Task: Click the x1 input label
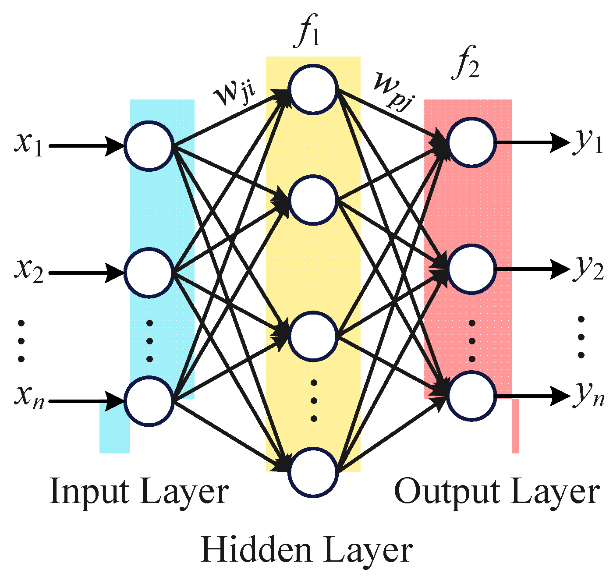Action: pyautogui.click(x=28, y=145)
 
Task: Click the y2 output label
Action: pyautogui.click(x=588, y=269)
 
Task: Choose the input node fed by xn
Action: pyautogui.click(x=149, y=401)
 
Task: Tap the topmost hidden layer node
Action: pyautogui.click(x=313, y=89)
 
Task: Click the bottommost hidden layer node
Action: pyautogui.click(x=313, y=472)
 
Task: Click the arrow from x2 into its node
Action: pyautogui.click(x=86, y=273)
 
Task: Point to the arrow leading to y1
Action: pyautogui.click(x=532, y=143)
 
